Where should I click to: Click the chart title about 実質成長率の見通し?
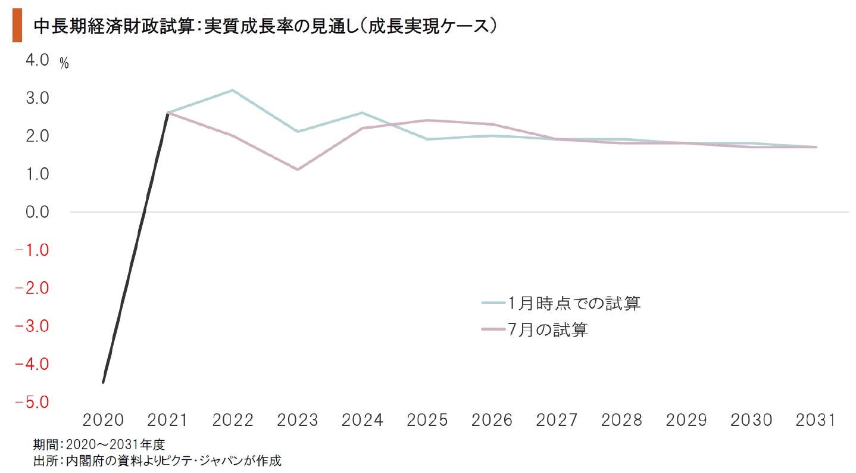coord(265,26)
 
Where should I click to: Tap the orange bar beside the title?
coord(17,27)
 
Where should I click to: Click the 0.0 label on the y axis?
coord(38,212)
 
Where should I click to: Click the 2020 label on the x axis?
coord(103,421)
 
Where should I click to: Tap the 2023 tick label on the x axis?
coord(298,421)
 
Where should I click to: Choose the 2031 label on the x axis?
coord(816,421)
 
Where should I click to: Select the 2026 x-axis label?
coord(492,421)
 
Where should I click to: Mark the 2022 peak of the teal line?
coord(232,90)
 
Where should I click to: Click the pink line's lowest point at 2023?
coord(298,170)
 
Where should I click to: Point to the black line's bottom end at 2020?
coord(103,382)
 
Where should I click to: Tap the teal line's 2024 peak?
coord(362,113)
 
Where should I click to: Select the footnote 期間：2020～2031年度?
coord(99,444)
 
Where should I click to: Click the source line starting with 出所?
coord(157,460)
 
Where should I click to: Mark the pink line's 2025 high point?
coord(427,120)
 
